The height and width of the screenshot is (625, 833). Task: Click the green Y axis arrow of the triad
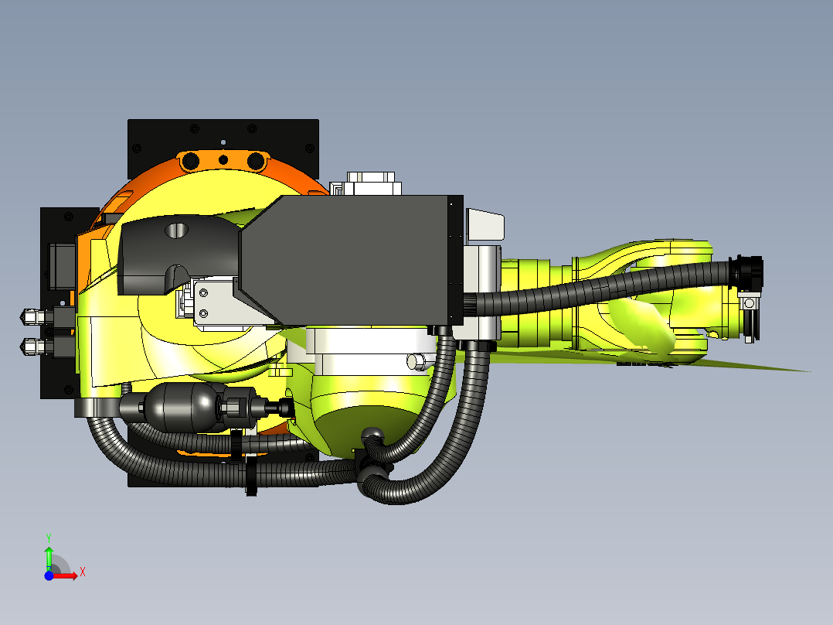48,555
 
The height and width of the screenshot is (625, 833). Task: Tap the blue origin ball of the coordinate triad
49,575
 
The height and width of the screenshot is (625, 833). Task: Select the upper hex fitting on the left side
32,316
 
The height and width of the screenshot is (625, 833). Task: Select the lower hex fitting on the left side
32,346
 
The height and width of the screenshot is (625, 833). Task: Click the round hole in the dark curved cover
178,230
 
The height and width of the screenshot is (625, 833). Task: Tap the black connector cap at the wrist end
749,272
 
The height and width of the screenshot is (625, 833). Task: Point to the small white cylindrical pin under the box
416,361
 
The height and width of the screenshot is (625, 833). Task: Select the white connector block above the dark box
372,183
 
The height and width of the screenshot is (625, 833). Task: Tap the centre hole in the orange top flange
223,160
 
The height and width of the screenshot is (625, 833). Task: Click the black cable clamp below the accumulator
251,476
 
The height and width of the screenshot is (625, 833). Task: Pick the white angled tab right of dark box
486,224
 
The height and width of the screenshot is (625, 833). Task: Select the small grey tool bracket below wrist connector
749,317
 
